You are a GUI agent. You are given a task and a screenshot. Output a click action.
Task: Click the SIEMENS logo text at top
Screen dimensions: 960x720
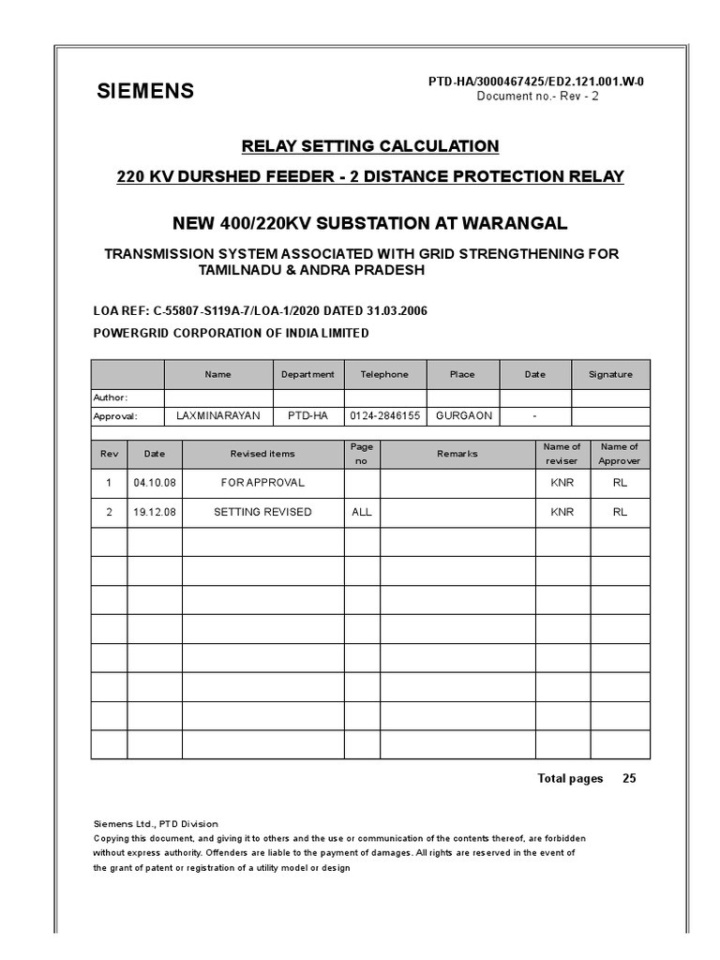tap(146, 91)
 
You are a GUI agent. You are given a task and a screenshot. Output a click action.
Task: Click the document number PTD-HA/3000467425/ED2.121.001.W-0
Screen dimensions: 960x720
tap(535, 82)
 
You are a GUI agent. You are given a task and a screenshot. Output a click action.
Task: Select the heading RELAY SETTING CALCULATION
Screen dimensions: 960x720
tap(370, 146)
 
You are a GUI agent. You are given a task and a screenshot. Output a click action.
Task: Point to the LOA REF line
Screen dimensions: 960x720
tap(260, 311)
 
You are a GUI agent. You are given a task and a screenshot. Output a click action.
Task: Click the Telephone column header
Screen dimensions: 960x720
tap(384, 374)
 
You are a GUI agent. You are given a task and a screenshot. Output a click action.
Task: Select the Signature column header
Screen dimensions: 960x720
tap(610, 374)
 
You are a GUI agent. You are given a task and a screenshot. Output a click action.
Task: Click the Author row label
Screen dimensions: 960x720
tap(111, 397)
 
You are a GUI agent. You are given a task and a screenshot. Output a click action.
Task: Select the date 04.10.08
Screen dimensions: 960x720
tap(155, 483)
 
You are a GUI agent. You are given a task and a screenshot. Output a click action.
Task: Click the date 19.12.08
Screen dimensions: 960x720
tap(155, 512)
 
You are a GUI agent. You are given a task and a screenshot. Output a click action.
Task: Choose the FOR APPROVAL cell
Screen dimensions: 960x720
tap(262, 483)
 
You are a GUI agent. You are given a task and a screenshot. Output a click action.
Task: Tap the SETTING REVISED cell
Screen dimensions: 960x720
tap(262, 512)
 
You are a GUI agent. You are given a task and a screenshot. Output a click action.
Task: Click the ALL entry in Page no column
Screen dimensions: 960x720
tap(362, 512)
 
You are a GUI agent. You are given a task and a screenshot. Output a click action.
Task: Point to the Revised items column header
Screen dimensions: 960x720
tap(262, 454)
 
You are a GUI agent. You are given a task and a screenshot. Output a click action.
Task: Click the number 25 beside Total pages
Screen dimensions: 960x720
tap(629, 778)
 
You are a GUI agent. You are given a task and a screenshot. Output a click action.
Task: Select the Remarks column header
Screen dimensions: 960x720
tap(457, 454)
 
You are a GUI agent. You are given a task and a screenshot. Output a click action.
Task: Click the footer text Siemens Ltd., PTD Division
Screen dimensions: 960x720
tap(155, 824)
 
